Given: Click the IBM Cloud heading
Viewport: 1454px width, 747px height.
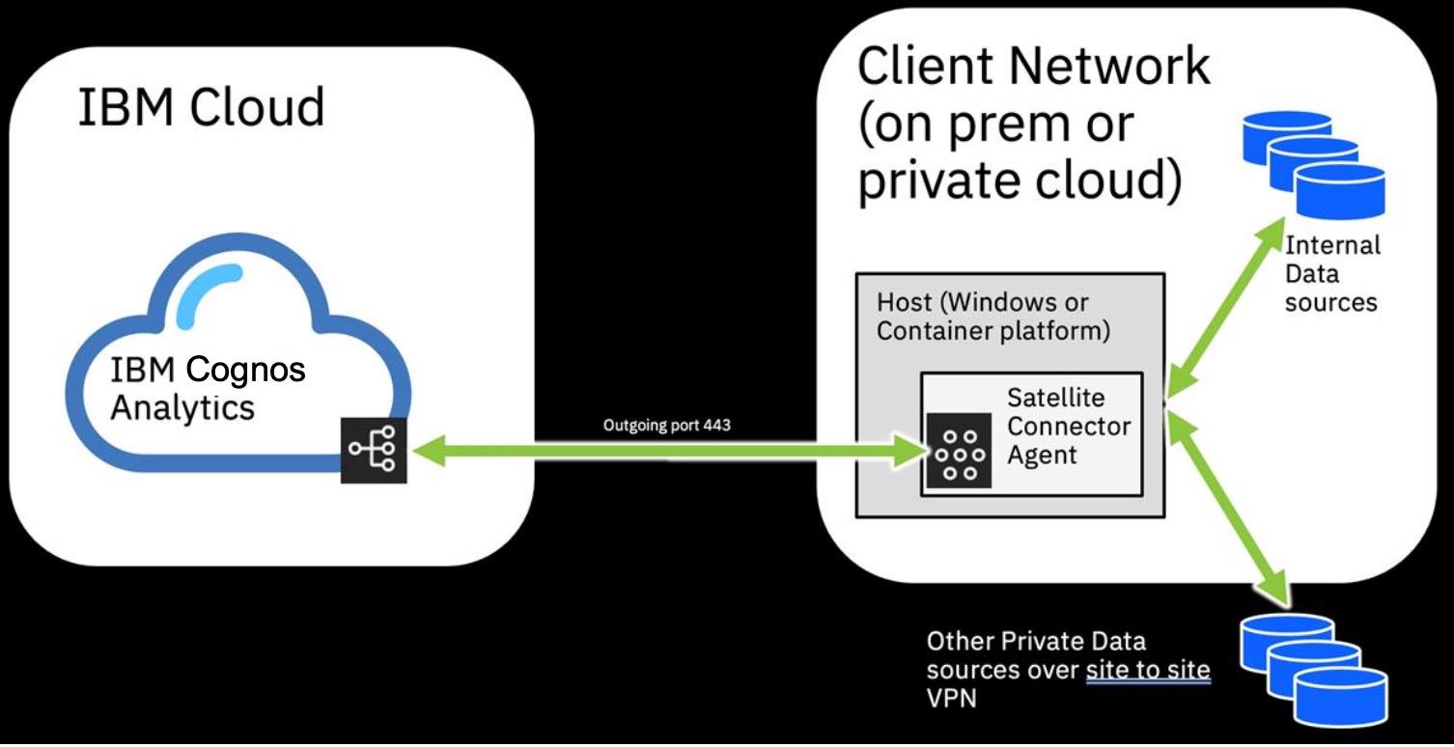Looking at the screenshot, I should [201, 106].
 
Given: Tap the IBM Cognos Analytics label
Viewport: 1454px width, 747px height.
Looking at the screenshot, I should [208, 388].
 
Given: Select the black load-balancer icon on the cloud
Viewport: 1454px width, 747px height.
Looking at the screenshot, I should [374, 450].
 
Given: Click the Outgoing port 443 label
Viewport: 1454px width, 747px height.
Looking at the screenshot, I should [666, 425].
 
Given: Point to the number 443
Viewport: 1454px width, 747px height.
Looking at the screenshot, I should [716, 425].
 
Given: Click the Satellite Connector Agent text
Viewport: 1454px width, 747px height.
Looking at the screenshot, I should [1068, 426].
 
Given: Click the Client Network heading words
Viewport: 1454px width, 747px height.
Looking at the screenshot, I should [1033, 66].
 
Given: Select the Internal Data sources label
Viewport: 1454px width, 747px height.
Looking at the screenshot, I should [1331, 274].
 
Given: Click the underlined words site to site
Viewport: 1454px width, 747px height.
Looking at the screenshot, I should [1148, 670].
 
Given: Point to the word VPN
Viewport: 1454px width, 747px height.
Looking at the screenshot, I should [951, 699].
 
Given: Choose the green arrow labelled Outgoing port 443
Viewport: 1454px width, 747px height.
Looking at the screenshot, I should [666, 450].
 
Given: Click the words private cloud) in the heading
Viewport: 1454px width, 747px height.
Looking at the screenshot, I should [1019, 180].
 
